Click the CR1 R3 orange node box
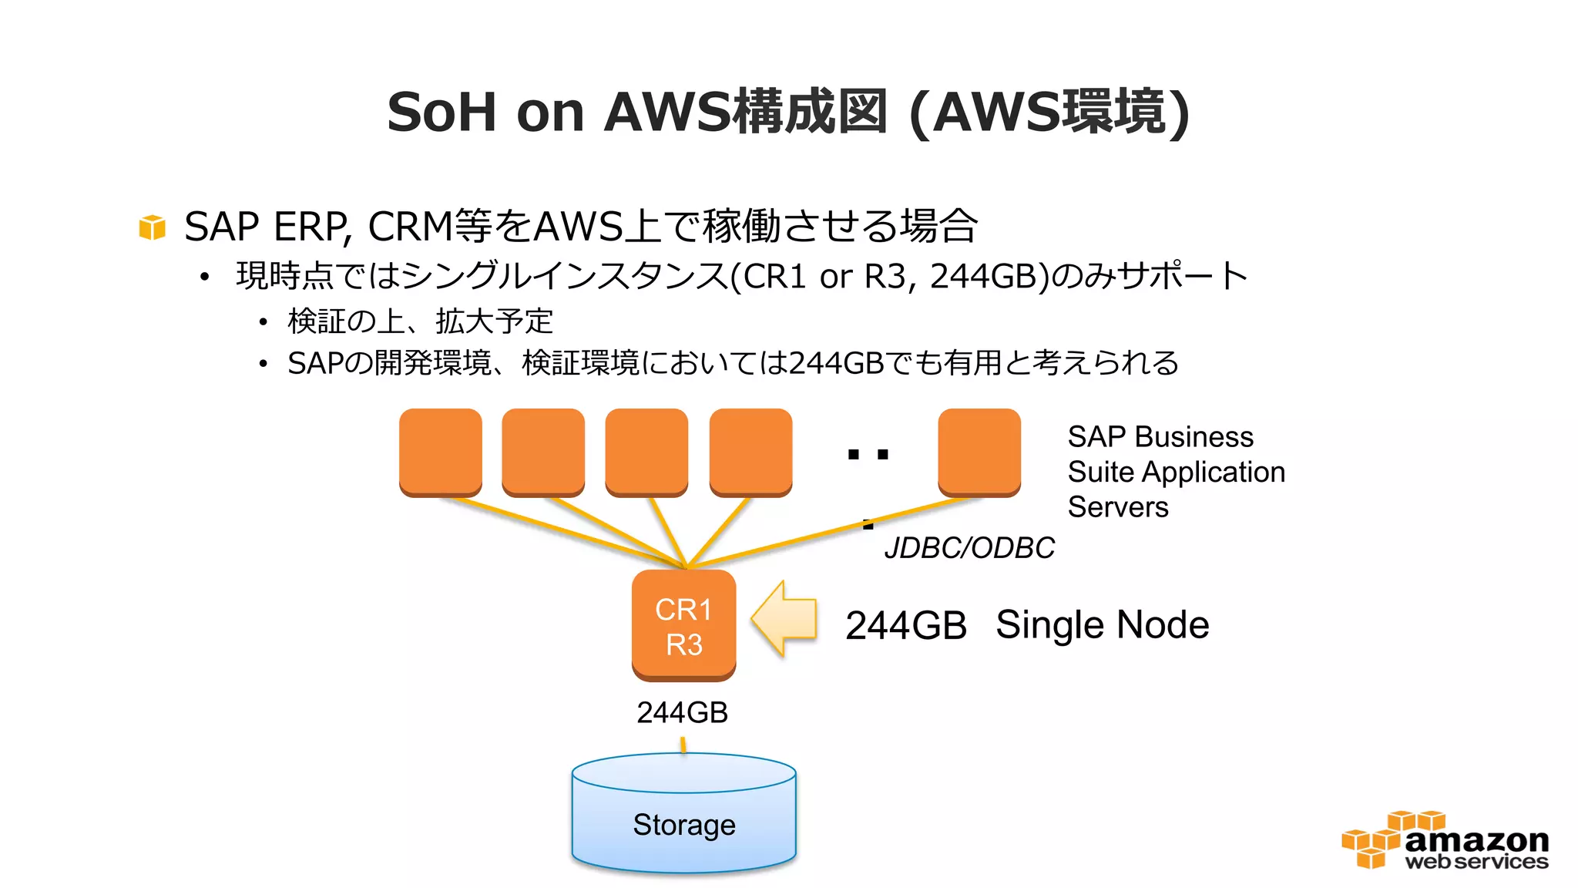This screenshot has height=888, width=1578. tap(683, 625)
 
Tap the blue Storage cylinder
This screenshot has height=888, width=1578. tap(683, 817)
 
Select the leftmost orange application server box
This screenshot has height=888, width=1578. tap(440, 452)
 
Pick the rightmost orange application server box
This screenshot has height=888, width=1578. tap(979, 452)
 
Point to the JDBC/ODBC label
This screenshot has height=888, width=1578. tap(969, 548)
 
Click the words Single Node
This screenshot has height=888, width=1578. tap(1102, 624)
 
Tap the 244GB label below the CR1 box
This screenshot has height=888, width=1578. tap(682, 712)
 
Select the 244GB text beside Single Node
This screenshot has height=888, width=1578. tap(905, 625)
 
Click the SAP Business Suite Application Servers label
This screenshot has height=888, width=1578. tap(1175, 472)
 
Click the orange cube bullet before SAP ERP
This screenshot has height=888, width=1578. tap(152, 227)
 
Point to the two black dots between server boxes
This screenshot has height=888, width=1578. tap(868, 454)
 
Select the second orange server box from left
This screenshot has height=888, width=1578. tap(542, 452)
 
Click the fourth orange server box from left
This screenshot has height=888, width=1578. tap(750, 452)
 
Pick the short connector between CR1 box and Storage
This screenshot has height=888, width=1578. tap(683, 745)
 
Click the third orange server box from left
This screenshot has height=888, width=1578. tap(646, 452)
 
